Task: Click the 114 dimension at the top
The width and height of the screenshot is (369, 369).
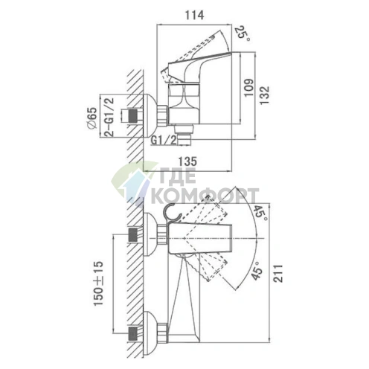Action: (194, 15)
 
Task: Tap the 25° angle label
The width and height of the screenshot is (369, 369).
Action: (242, 33)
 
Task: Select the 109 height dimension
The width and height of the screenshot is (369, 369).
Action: (248, 88)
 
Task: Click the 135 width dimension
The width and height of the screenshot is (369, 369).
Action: (187, 161)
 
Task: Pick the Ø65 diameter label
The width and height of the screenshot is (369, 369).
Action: (92, 118)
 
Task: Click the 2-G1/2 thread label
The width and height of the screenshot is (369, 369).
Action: (109, 117)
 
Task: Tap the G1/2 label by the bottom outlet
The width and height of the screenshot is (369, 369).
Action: (164, 141)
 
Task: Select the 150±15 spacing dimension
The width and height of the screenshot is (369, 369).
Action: (98, 283)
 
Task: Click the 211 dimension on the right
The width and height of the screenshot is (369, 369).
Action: (279, 273)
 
